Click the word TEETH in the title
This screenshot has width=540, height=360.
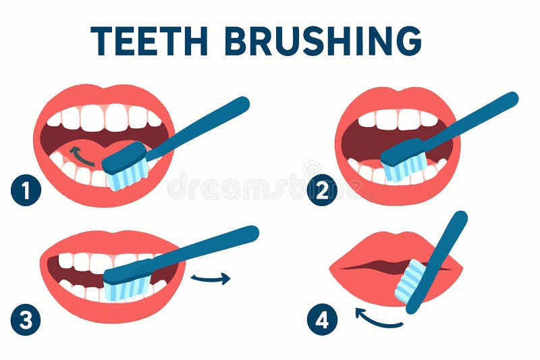coord(149,41)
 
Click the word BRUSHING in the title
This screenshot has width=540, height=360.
coord(323,41)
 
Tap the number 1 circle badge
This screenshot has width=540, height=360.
coord(26,190)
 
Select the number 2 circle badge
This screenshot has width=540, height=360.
coord(322,190)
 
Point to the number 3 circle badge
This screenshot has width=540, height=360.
coord(26,319)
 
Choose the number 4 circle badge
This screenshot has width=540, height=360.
coord(322,319)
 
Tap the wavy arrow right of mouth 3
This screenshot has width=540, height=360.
coord(211,278)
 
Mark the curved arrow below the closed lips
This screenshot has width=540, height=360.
coord(376,319)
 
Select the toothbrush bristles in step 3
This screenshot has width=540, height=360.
coord(128,289)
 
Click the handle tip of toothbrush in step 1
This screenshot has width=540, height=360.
coord(243,103)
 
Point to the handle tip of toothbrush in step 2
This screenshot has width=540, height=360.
coord(512,98)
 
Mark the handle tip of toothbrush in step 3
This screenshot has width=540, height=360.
coord(252,232)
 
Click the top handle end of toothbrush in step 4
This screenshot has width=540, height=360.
coord(460,217)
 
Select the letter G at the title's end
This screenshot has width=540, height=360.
coord(409,41)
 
